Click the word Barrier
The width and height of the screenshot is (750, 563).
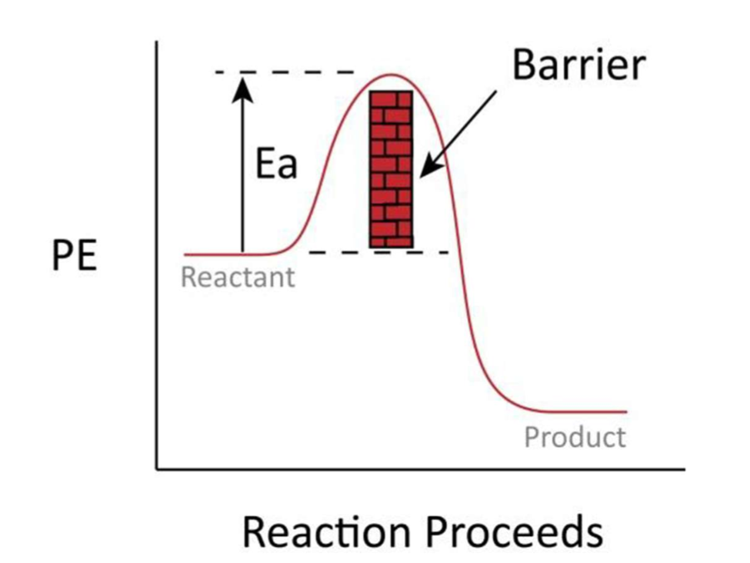pos(578,65)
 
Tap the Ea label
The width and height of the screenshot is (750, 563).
pos(275,164)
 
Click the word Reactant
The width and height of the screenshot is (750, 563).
pos(238,277)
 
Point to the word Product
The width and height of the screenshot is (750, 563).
pos(575,438)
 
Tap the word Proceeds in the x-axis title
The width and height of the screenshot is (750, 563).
pos(521,531)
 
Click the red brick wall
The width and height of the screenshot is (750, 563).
pos(391,169)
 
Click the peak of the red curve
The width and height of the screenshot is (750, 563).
pos(391,75)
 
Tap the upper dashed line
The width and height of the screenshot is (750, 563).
pos(285,72)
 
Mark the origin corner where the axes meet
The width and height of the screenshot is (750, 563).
pos(157,468)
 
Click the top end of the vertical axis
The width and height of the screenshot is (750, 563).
pos(157,43)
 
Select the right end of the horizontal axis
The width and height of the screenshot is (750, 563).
pos(682,468)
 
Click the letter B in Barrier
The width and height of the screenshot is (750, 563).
pos(525,65)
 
